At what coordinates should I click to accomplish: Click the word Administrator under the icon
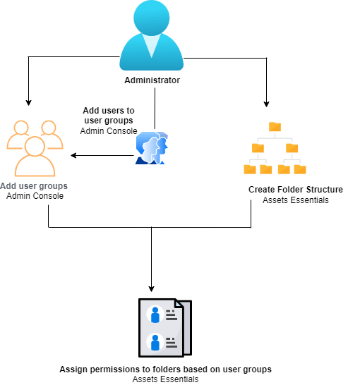pos(152,80)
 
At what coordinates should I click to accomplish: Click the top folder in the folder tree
pos(275,126)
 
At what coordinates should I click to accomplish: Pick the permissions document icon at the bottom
pos(164,329)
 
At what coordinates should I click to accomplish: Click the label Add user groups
pos(34,187)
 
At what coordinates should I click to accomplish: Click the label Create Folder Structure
pos(295,190)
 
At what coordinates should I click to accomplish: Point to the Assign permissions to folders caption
pos(165,369)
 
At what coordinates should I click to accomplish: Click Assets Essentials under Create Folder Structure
pos(295,200)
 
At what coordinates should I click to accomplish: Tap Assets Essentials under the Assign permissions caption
pos(165,379)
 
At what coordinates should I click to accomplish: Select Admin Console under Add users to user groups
pos(109,131)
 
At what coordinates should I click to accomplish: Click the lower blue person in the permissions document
pos(154,343)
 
